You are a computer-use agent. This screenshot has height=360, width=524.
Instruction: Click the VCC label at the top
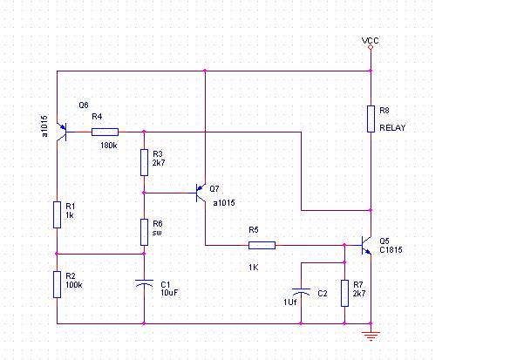[x=371, y=41]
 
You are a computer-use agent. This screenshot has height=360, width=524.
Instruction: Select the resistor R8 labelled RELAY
[x=371, y=119]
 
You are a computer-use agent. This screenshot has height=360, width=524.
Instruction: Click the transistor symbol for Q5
[x=366, y=246]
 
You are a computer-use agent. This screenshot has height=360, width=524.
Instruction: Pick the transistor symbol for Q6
[x=60, y=132]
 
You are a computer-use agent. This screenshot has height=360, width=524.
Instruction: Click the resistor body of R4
[x=105, y=132]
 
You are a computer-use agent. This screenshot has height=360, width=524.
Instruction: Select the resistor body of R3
[x=145, y=161]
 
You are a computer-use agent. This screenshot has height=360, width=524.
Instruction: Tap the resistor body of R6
[x=145, y=232]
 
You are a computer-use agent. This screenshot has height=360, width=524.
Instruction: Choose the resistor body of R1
[x=58, y=214]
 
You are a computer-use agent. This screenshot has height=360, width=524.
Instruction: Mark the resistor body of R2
[x=58, y=283]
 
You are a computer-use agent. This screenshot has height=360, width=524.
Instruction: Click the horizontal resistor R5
[x=262, y=246]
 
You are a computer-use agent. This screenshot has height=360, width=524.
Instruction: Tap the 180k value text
[x=109, y=146]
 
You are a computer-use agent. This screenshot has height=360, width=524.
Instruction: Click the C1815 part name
[x=391, y=250]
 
